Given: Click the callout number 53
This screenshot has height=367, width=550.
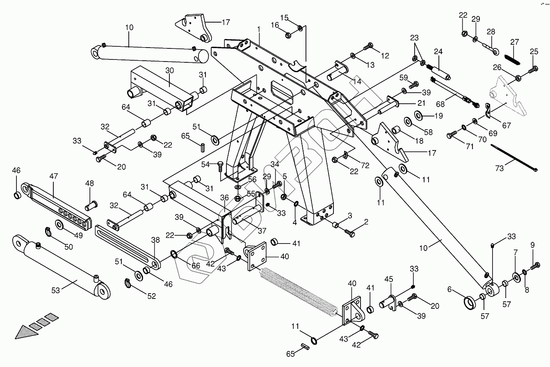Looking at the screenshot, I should pos(55,291).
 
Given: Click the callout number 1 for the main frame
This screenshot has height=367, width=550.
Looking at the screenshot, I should pos(259,29).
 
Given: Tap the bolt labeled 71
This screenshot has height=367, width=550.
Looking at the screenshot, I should pos(452,134).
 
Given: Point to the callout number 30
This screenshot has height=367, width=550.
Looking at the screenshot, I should pos(170,71).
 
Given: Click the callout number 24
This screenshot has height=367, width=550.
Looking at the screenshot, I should pos(438,51).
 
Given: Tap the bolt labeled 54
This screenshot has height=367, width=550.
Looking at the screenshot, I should pos(220,167).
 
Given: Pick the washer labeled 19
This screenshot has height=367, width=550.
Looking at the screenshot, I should pos(420,114).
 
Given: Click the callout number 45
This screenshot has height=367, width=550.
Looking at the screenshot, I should pos(388,279).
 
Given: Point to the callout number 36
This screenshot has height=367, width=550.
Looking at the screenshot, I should pos(224,198).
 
